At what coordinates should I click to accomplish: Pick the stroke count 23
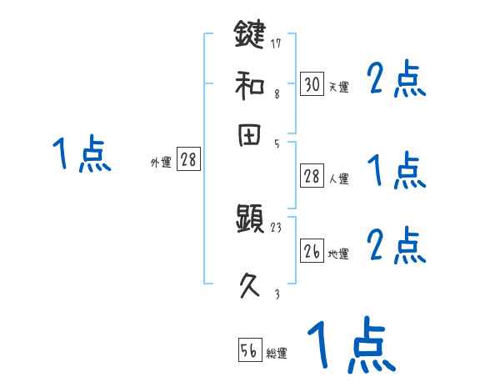[277, 228]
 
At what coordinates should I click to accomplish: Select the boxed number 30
[312, 83]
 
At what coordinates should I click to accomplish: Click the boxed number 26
[312, 251]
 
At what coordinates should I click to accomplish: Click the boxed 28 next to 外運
[188, 160]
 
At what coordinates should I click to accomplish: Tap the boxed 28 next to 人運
[312, 176]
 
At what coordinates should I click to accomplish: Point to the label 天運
[338, 87]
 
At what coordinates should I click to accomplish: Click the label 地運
[338, 254]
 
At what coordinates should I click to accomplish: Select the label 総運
[277, 354]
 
